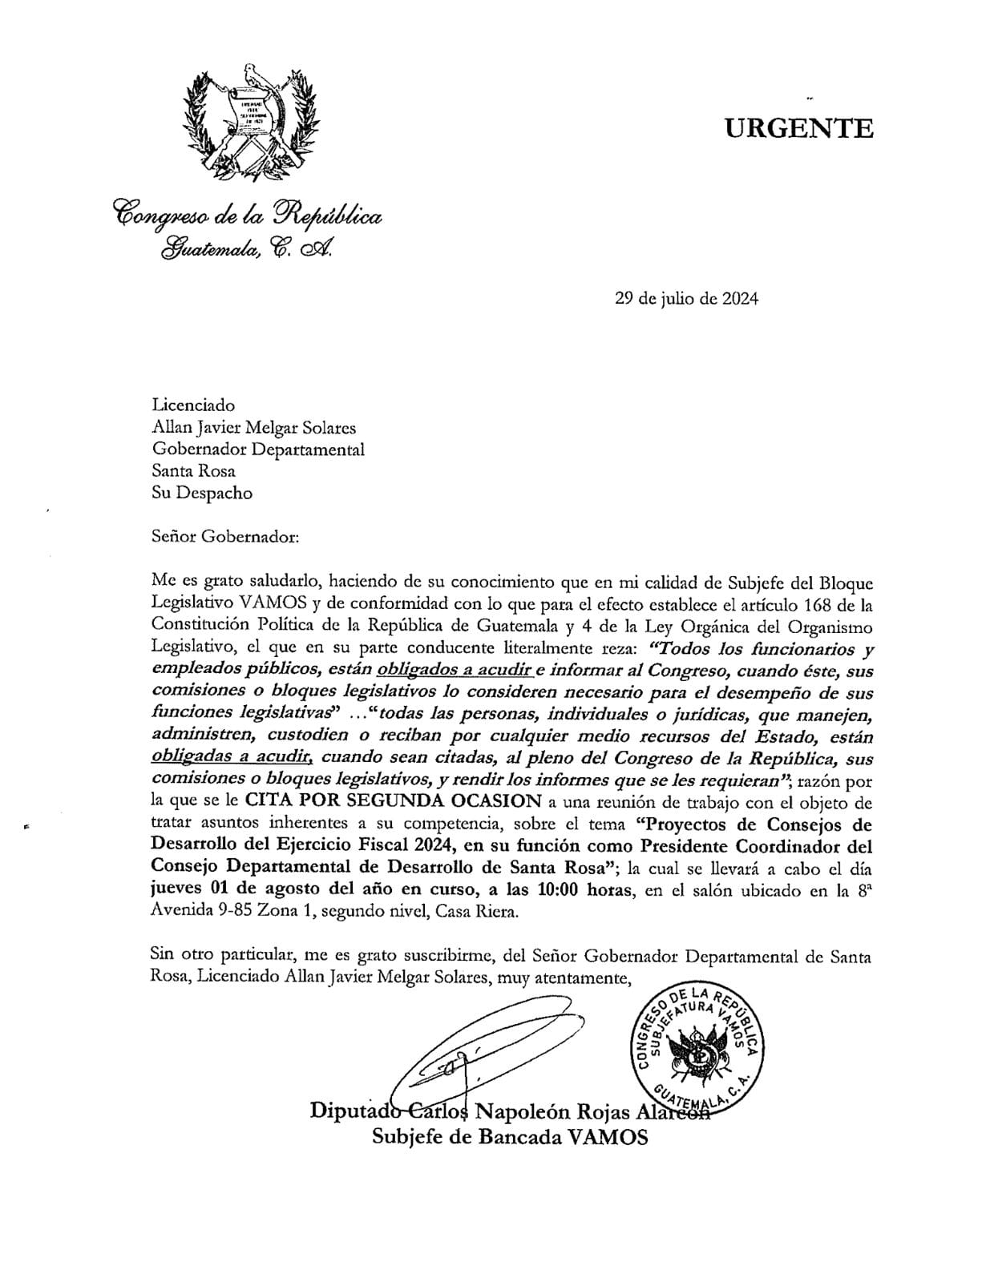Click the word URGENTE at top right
coord(799,128)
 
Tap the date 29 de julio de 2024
coord(686,299)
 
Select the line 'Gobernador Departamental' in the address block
coord(258,450)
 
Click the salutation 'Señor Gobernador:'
coord(225,536)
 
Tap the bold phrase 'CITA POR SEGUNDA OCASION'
coord(394,801)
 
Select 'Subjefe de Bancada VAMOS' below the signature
coord(510,1137)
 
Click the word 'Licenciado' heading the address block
coord(193,406)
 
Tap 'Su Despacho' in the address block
coord(202,493)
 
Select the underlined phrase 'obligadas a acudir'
coord(231,757)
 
